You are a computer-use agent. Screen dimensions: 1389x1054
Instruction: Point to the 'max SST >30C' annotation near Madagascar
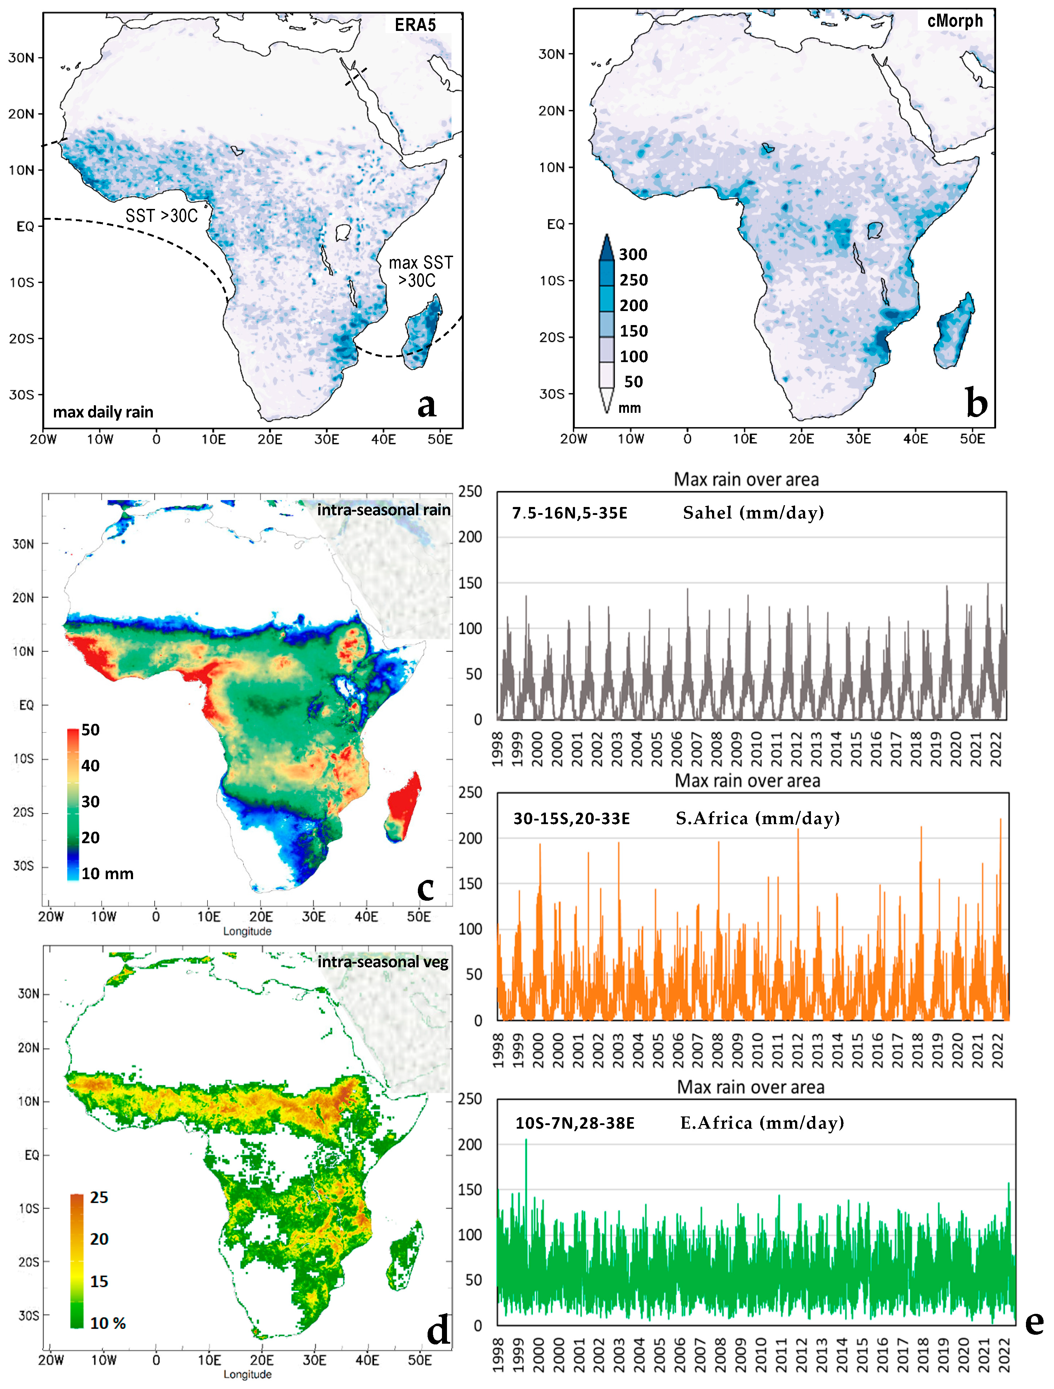point(420,271)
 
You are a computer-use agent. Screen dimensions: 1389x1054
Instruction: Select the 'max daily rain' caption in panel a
point(103,412)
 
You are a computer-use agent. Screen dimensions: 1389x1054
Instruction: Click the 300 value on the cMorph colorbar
point(633,254)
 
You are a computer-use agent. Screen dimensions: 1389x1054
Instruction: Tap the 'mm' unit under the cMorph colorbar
point(629,408)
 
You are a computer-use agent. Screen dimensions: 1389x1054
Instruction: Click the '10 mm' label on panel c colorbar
point(107,873)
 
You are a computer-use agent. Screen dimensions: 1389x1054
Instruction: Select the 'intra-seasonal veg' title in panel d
point(383,962)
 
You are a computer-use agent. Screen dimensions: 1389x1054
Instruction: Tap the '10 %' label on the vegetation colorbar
point(108,1323)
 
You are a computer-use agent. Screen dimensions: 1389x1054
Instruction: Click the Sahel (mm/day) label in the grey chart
point(753,513)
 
